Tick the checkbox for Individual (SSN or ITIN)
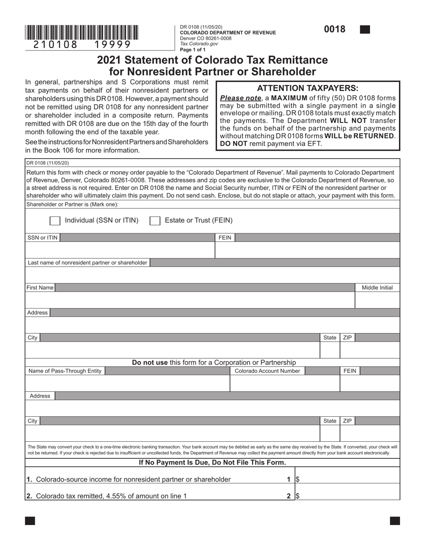pos(55,220)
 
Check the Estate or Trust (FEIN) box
pos(155,220)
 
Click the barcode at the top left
pos(82,32)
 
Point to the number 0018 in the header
pos(335,30)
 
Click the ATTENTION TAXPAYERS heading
pos(307,88)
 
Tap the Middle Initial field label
pos(377,288)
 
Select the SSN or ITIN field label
pos(42,237)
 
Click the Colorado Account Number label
pos(267,371)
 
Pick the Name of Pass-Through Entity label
pos(65,371)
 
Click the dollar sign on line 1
pos(297,479)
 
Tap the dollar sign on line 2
pos(297,495)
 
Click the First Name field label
pos(40,288)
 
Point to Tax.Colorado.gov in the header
pos(199,44)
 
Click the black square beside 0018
pos(365,30)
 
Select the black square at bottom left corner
pos(30,520)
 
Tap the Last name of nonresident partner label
pos(87,262)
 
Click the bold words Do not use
pos(149,362)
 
